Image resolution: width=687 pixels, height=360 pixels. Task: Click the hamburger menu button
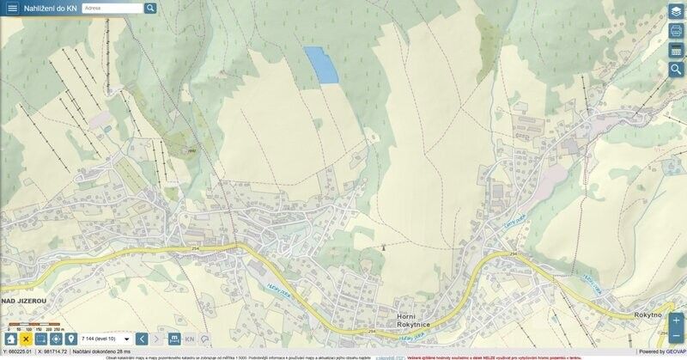(x=12, y=8)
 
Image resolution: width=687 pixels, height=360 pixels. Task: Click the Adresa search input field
(x=112, y=8)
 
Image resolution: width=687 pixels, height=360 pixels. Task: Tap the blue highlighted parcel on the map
(x=322, y=65)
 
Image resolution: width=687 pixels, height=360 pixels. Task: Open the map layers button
(x=676, y=11)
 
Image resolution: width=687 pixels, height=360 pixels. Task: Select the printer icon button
(x=676, y=31)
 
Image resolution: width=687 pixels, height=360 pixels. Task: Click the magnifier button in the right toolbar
(x=676, y=70)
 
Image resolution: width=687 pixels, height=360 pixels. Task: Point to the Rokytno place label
(x=648, y=315)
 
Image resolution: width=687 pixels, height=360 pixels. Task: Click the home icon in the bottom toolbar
(x=11, y=339)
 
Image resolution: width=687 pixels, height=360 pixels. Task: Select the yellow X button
(x=26, y=339)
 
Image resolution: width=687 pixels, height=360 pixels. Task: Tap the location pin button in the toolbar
(x=70, y=339)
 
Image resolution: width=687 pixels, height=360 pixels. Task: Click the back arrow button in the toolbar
(x=142, y=339)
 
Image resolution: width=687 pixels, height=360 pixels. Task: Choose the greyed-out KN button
(x=190, y=339)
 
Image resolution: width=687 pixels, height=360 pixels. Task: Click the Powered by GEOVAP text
(x=661, y=351)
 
